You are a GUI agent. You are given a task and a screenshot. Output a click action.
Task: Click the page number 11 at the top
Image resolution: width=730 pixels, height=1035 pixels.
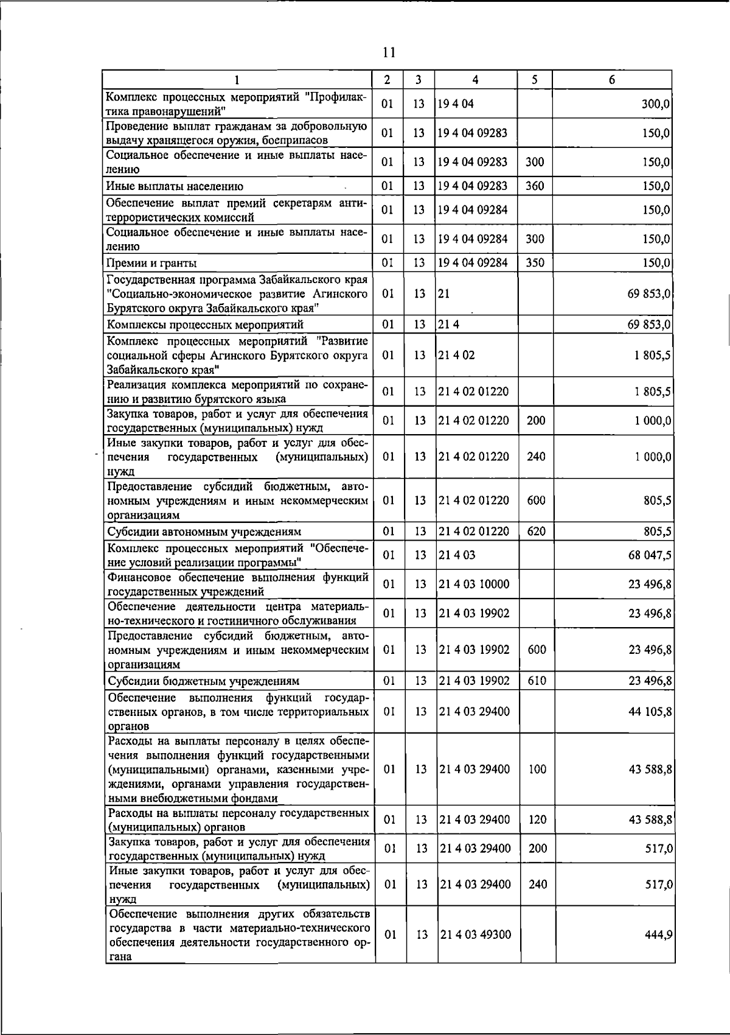(389, 53)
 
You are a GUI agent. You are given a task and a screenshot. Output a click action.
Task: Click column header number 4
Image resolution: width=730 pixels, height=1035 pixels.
(475, 80)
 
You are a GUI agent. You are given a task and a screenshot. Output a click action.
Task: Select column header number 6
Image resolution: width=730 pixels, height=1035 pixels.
(612, 80)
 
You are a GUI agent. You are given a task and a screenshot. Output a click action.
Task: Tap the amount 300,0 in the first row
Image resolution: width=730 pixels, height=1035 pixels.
(656, 104)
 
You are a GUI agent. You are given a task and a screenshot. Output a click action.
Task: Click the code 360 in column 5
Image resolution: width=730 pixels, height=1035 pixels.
(534, 186)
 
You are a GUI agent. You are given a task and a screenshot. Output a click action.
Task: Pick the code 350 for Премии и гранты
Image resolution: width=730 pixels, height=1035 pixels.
(534, 263)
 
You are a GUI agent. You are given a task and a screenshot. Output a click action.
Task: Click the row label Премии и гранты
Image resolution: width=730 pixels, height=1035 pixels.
(151, 263)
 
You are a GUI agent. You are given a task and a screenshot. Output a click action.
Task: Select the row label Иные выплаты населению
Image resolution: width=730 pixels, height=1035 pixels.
(175, 186)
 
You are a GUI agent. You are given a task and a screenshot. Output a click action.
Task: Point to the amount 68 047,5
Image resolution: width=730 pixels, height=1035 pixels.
(650, 555)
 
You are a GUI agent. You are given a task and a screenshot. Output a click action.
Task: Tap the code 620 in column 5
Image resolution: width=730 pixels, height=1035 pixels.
(536, 532)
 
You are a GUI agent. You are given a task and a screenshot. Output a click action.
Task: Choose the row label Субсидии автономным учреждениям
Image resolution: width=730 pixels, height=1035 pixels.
(204, 532)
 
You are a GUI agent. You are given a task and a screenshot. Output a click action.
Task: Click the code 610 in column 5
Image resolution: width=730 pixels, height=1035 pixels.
(537, 681)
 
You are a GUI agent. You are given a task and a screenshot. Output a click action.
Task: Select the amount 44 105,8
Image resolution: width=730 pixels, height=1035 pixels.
(650, 712)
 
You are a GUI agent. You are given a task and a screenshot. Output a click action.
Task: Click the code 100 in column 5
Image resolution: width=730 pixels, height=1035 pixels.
(537, 770)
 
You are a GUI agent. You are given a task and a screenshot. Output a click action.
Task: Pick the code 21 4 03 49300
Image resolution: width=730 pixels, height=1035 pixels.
(475, 935)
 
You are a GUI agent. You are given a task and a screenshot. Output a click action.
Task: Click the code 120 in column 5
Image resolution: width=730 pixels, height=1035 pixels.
(537, 820)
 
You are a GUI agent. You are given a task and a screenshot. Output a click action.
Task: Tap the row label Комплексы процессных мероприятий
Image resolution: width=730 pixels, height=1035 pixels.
(205, 325)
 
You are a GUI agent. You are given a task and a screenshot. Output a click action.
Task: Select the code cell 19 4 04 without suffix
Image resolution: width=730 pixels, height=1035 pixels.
(456, 104)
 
